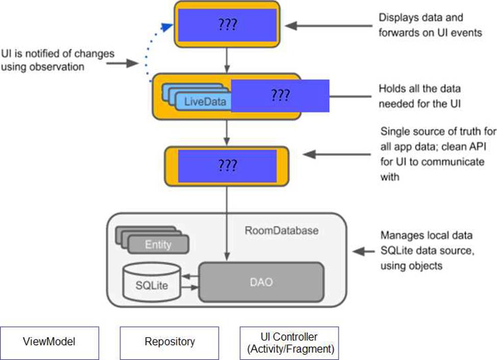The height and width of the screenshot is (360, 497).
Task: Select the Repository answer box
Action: (x=169, y=341)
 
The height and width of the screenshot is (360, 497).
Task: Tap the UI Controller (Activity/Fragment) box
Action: (x=289, y=343)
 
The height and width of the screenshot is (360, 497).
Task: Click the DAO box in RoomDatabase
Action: (x=261, y=281)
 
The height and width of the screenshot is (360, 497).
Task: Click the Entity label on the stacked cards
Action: (x=158, y=245)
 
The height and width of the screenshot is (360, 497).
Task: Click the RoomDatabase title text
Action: (x=281, y=230)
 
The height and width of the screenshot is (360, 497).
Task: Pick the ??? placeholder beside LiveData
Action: (x=280, y=95)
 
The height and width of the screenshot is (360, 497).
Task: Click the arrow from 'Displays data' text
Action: (x=331, y=24)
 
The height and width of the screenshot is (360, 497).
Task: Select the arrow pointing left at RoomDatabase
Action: (x=364, y=251)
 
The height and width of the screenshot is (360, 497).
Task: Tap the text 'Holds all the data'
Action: (x=419, y=89)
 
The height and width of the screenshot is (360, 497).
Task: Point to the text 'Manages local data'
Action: (x=426, y=236)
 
